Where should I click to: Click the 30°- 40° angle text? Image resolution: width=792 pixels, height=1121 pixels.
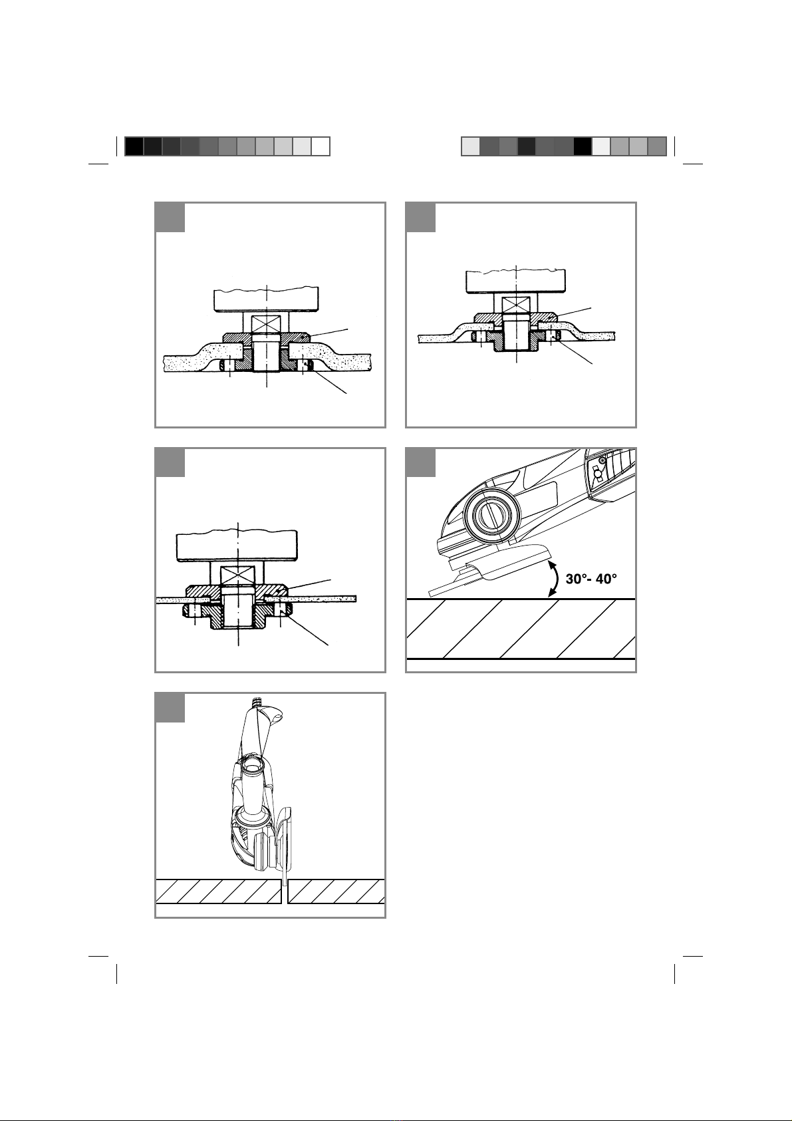tap(591, 579)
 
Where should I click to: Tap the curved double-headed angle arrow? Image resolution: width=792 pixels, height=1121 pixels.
tap(555, 579)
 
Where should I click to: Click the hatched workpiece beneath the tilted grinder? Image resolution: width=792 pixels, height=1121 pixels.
tap(521, 629)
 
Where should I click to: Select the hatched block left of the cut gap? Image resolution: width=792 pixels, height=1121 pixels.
tap(218, 891)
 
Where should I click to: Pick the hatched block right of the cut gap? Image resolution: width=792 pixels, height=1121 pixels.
tap(336, 891)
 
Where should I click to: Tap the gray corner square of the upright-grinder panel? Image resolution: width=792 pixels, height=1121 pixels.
tap(170, 708)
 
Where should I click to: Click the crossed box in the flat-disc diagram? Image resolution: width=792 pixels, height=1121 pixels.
tap(238, 573)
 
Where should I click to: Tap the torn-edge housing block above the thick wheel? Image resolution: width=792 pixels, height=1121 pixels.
tap(266, 299)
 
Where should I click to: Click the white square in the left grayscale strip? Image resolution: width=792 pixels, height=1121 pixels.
tap(321, 146)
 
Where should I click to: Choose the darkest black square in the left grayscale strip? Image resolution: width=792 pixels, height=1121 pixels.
tap(134, 146)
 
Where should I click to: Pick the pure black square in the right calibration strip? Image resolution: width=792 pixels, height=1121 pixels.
tap(583, 146)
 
